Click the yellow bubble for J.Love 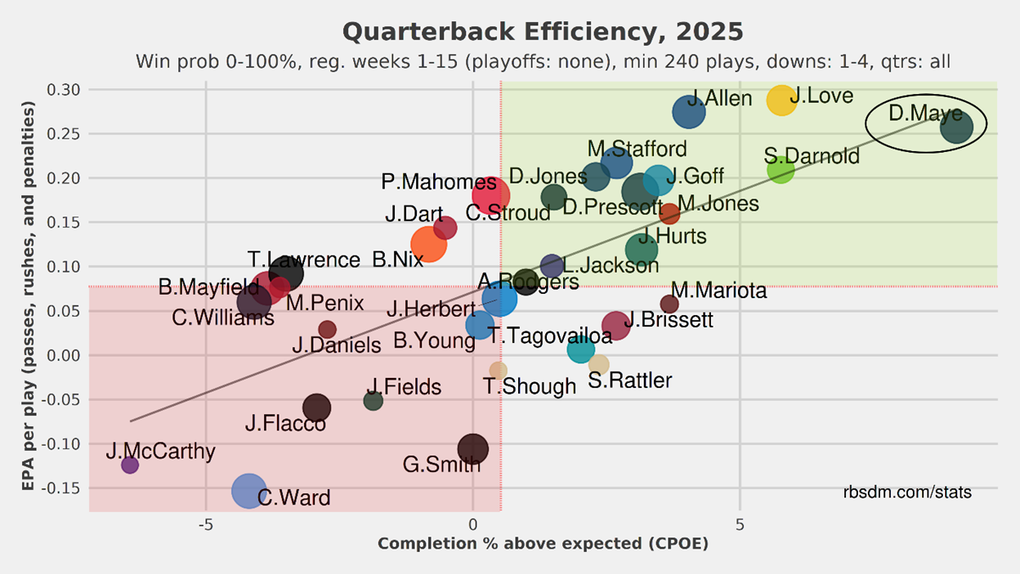pyautogui.click(x=781, y=100)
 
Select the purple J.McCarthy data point pyautogui.click(x=129, y=465)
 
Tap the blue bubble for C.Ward pyautogui.click(x=248, y=490)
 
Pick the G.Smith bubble pyautogui.click(x=472, y=448)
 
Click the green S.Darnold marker pyautogui.click(x=781, y=171)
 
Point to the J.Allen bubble pyautogui.click(x=689, y=112)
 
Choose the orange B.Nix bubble pyautogui.click(x=428, y=243)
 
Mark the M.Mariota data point pyautogui.click(x=669, y=304)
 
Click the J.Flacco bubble pyautogui.click(x=316, y=407)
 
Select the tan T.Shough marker pyautogui.click(x=498, y=370)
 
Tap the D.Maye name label pyautogui.click(x=925, y=113)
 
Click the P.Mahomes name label pyautogui.click(x=427, y=182)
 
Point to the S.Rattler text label pyautogui.click(x=630, y=380)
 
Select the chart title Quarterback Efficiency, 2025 pyautogui.click(x=543, y=32)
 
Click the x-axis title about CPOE pyautogui.click(x=543, y=544)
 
